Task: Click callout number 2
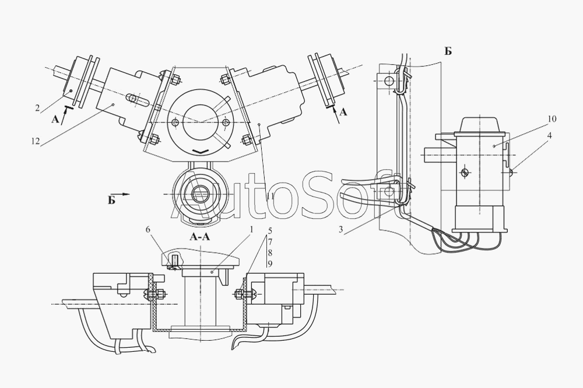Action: tap(37, 108)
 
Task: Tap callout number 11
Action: tap(271, 197)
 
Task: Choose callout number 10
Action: tap(552, 119)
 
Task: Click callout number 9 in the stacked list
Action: tap(269, 264)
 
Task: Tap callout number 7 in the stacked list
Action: tap(269, 242)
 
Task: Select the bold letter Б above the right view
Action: tap(448, 51)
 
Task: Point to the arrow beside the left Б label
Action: tap(122, 193)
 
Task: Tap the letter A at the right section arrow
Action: tap(343, 113)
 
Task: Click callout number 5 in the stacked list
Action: tap(269, 232)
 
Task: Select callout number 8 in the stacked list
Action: tap(269, 253)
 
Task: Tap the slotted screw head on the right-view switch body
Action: tap(465, 173)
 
